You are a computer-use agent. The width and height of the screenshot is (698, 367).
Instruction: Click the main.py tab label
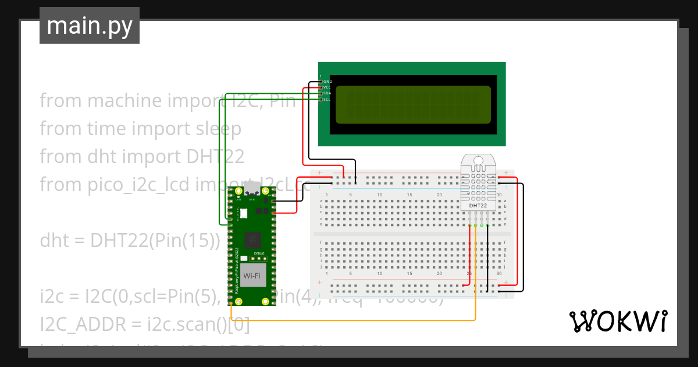tap(90, 26)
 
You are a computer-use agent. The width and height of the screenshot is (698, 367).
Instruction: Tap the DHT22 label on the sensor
tap(478, 206)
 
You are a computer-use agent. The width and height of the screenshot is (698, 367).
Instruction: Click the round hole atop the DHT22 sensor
tap(478, 160)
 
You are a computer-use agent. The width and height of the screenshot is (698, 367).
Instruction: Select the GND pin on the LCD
tap(321, 82)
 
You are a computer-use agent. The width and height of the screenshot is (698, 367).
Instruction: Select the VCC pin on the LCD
tap(321, 87)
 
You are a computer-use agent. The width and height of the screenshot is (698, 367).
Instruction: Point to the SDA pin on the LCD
tap(321, 93)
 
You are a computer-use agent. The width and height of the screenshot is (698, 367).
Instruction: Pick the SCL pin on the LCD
tap(321, 100)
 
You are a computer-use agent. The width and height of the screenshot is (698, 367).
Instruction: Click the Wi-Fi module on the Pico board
tap(252, 276)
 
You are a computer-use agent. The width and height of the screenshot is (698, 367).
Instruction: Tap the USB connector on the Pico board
tap(252, 189)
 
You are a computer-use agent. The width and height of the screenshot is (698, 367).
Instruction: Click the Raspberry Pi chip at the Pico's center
tap(252, 239)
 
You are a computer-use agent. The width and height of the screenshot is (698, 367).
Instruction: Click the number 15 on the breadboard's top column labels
tap(409, 195)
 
